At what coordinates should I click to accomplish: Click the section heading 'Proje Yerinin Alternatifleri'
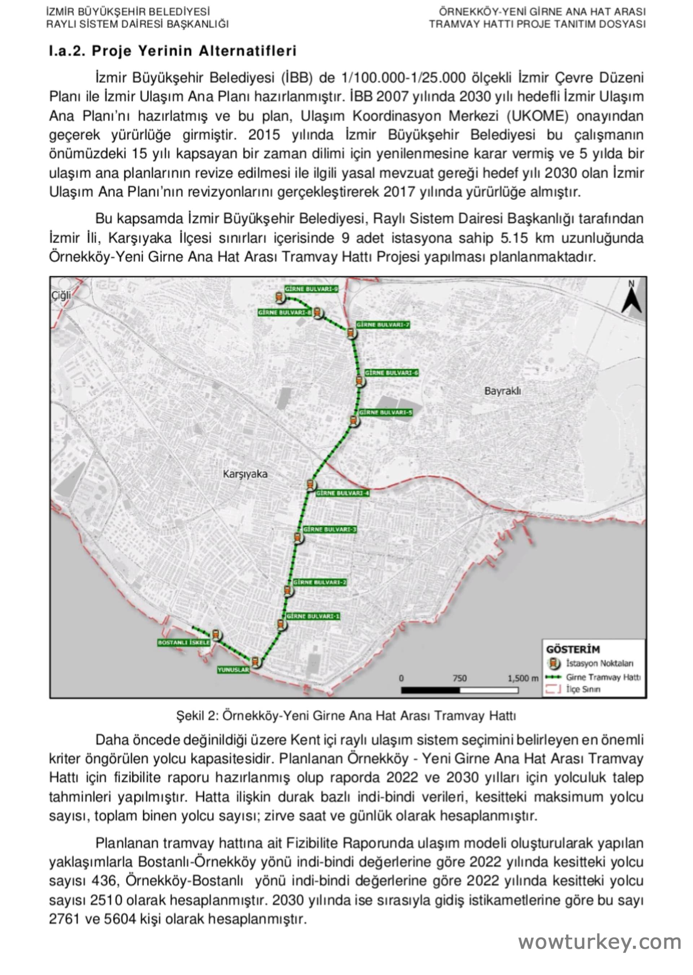pos(194,51)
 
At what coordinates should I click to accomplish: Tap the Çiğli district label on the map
pos(61,296)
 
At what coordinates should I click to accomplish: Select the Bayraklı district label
pos(502,391)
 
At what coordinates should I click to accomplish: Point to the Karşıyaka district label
pos(245,474)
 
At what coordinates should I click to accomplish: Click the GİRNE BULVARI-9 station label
pos(311,289)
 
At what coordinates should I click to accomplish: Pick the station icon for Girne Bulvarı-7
pos(351,333)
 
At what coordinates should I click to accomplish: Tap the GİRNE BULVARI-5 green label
pos(385,412)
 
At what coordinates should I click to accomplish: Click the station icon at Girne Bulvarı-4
pos(311,485)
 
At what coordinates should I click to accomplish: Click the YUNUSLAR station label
pos(233,670)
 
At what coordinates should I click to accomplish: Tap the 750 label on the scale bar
pos(459,678)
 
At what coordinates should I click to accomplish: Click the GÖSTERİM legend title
pos(573,650)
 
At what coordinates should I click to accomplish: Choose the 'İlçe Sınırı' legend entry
pos(583,689)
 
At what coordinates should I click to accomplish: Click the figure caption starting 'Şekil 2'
pos(346,716)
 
